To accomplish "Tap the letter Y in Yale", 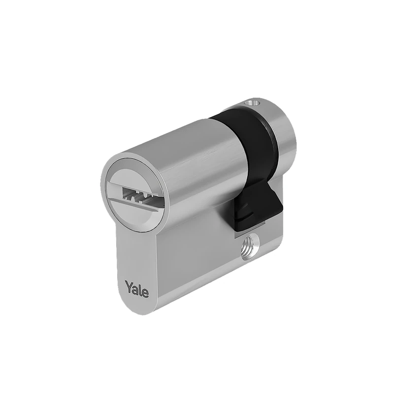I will [x=129, y=285].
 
